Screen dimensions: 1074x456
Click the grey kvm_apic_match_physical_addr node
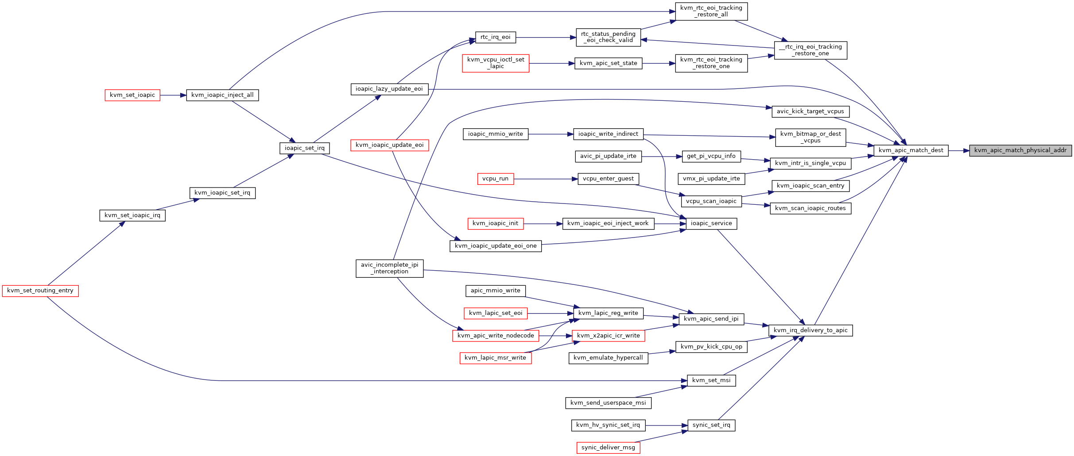point(1020,150)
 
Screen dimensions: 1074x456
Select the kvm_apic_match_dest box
point(911,150)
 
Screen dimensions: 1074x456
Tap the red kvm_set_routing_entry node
point(40,291)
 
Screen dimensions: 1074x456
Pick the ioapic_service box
point(711,223)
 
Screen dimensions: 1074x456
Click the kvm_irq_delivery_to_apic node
point(810,330)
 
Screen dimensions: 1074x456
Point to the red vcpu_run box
point(496,179)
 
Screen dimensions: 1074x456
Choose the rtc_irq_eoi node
point(496,37)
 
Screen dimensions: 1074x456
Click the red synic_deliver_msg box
point(608,448)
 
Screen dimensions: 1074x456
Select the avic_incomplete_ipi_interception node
point(390,268)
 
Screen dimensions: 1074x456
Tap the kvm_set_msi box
point(711,380)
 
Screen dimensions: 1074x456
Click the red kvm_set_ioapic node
point(132,95)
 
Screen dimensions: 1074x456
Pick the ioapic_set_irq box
point(305,148)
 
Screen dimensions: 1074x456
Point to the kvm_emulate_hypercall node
point(608,358)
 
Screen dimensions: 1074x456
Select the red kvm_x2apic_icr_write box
point(609,336)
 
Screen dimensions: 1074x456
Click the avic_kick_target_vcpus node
point(810,111)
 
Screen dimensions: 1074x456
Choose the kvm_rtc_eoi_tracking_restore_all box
point(711,11)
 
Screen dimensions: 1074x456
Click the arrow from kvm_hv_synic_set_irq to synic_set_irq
point(666,425)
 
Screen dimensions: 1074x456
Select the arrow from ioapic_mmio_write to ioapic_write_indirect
point(551,134)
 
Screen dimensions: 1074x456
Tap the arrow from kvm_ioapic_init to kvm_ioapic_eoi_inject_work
point(543,224)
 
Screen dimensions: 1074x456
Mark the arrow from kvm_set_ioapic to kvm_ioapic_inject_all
point(173,95)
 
